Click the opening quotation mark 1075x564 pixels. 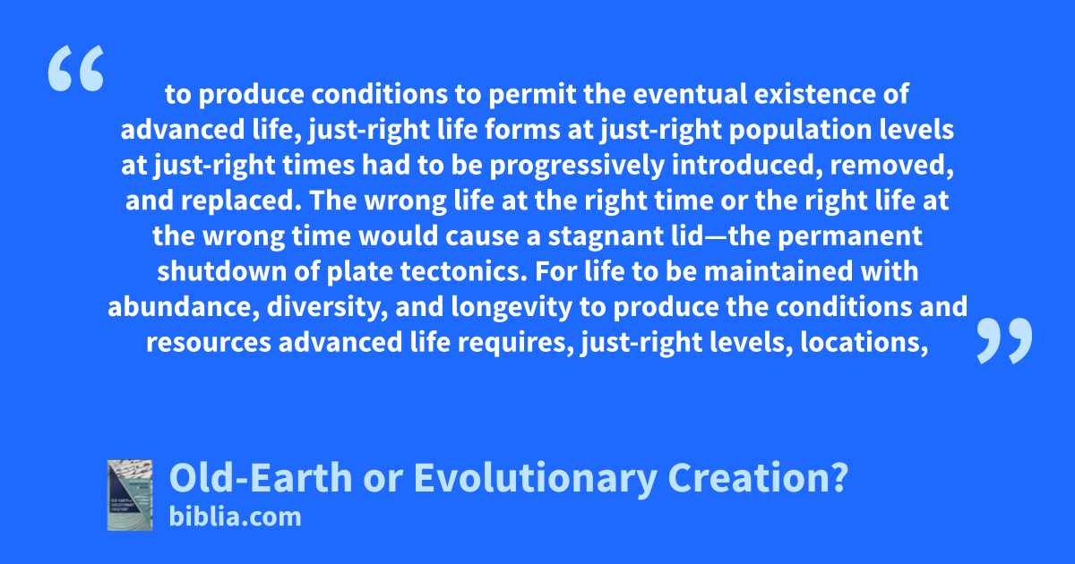[76, 68]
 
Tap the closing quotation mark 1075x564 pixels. [1004, 340]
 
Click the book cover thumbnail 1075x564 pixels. [130, 495]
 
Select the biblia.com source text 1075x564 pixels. [235, 517]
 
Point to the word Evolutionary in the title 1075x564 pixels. [535, 479]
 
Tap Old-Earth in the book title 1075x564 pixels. [261, 478]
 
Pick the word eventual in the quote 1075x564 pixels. [689, 94]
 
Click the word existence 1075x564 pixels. [814, 94]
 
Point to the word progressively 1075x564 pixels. [577, 166]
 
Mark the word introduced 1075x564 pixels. [747, 166]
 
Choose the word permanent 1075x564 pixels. [849, 237]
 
